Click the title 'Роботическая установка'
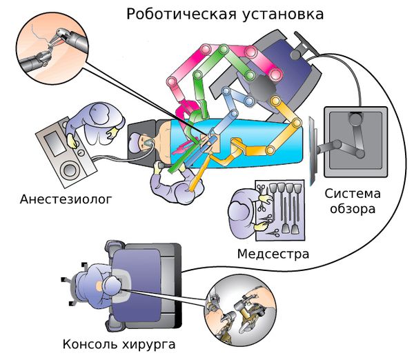click(226, 14)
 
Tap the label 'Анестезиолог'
click(66, 201)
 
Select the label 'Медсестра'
click(273, 254)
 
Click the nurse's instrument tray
click(279, 203)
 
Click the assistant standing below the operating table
click(175, 183)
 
